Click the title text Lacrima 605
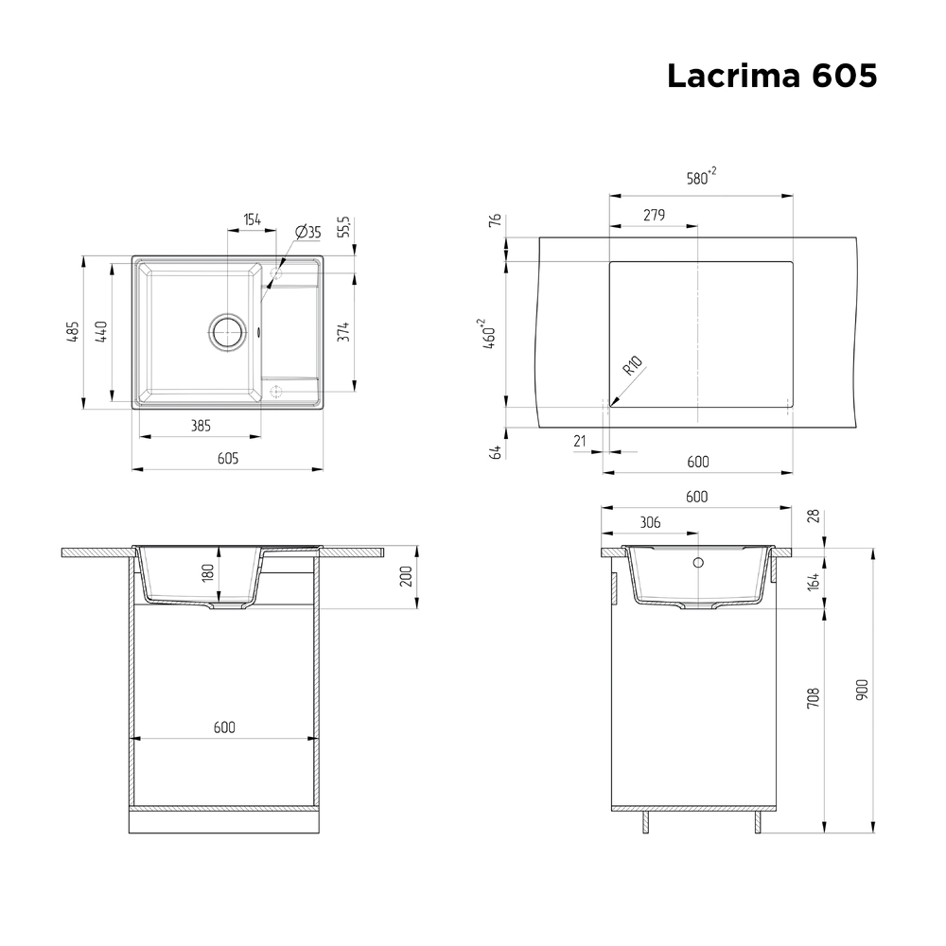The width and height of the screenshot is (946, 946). [771, 76]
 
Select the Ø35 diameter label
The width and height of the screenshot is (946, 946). [308, 232]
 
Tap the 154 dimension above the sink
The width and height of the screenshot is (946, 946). [252, 219]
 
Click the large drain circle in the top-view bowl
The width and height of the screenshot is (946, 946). [227, 331]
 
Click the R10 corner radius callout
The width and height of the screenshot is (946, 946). [633, 366]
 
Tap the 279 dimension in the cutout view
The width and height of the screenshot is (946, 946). [654, 216]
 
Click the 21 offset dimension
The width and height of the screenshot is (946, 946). [581, 440]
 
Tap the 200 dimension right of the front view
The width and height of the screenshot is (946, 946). [406, 576]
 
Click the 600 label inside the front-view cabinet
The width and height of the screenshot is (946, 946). [224, 727]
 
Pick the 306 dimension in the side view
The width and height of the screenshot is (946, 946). [650, 522]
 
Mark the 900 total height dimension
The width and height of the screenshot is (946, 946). [860, 690]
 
